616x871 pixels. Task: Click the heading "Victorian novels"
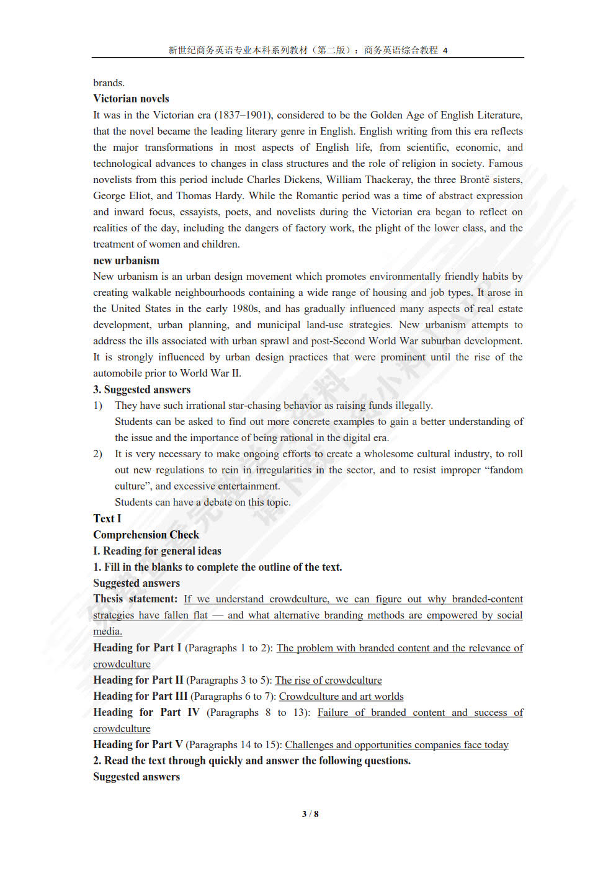click(131, 99)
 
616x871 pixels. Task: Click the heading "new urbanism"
click(126, 261)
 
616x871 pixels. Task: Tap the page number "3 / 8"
click(310, 814)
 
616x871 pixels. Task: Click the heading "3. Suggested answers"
click(141, 390)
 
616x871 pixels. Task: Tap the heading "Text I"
click(107, 519)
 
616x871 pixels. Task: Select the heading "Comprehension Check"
click(146, 535)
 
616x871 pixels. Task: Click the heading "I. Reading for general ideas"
click(157, 551)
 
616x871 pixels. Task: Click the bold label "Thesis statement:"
click(135, 599)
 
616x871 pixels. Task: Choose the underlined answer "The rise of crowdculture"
click(328, 680)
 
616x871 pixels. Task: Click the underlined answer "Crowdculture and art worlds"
click(341, 696)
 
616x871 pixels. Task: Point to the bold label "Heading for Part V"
click(138, 744)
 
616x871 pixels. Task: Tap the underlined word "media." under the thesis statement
click(107, 631)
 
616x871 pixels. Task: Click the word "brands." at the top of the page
click(109, 83)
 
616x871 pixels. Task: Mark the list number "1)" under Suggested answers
click(97, 405)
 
